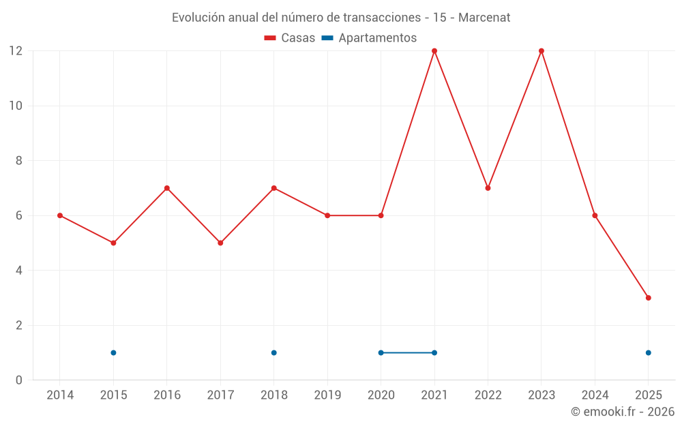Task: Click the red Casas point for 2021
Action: [x=434, y=51]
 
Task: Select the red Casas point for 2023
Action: [x=542, y=51]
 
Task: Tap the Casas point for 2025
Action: [x=648, y=298]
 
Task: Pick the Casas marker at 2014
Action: [x=60, y=215]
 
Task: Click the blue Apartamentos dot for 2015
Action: [x=113, y=352]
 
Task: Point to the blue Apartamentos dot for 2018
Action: [x=273, y=352]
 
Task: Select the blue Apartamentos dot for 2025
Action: [x=648, y=352]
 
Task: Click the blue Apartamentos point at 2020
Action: [x=381, y=352]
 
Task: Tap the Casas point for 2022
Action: [x=488, y=188]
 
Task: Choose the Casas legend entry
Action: [x=290, y=38]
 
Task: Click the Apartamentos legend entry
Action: [x=369, y=38]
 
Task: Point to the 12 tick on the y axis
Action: [x=15, y=51]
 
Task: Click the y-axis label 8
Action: [x=19, y=161]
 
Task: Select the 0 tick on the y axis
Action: [x=19, y=380]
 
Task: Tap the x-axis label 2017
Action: [x=220, y=395]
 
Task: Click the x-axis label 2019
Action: [x=327, y=395]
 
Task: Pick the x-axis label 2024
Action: [x=595, y=395]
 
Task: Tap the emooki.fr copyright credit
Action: [x=622, y=412]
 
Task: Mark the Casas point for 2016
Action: [x=167, y=188]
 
